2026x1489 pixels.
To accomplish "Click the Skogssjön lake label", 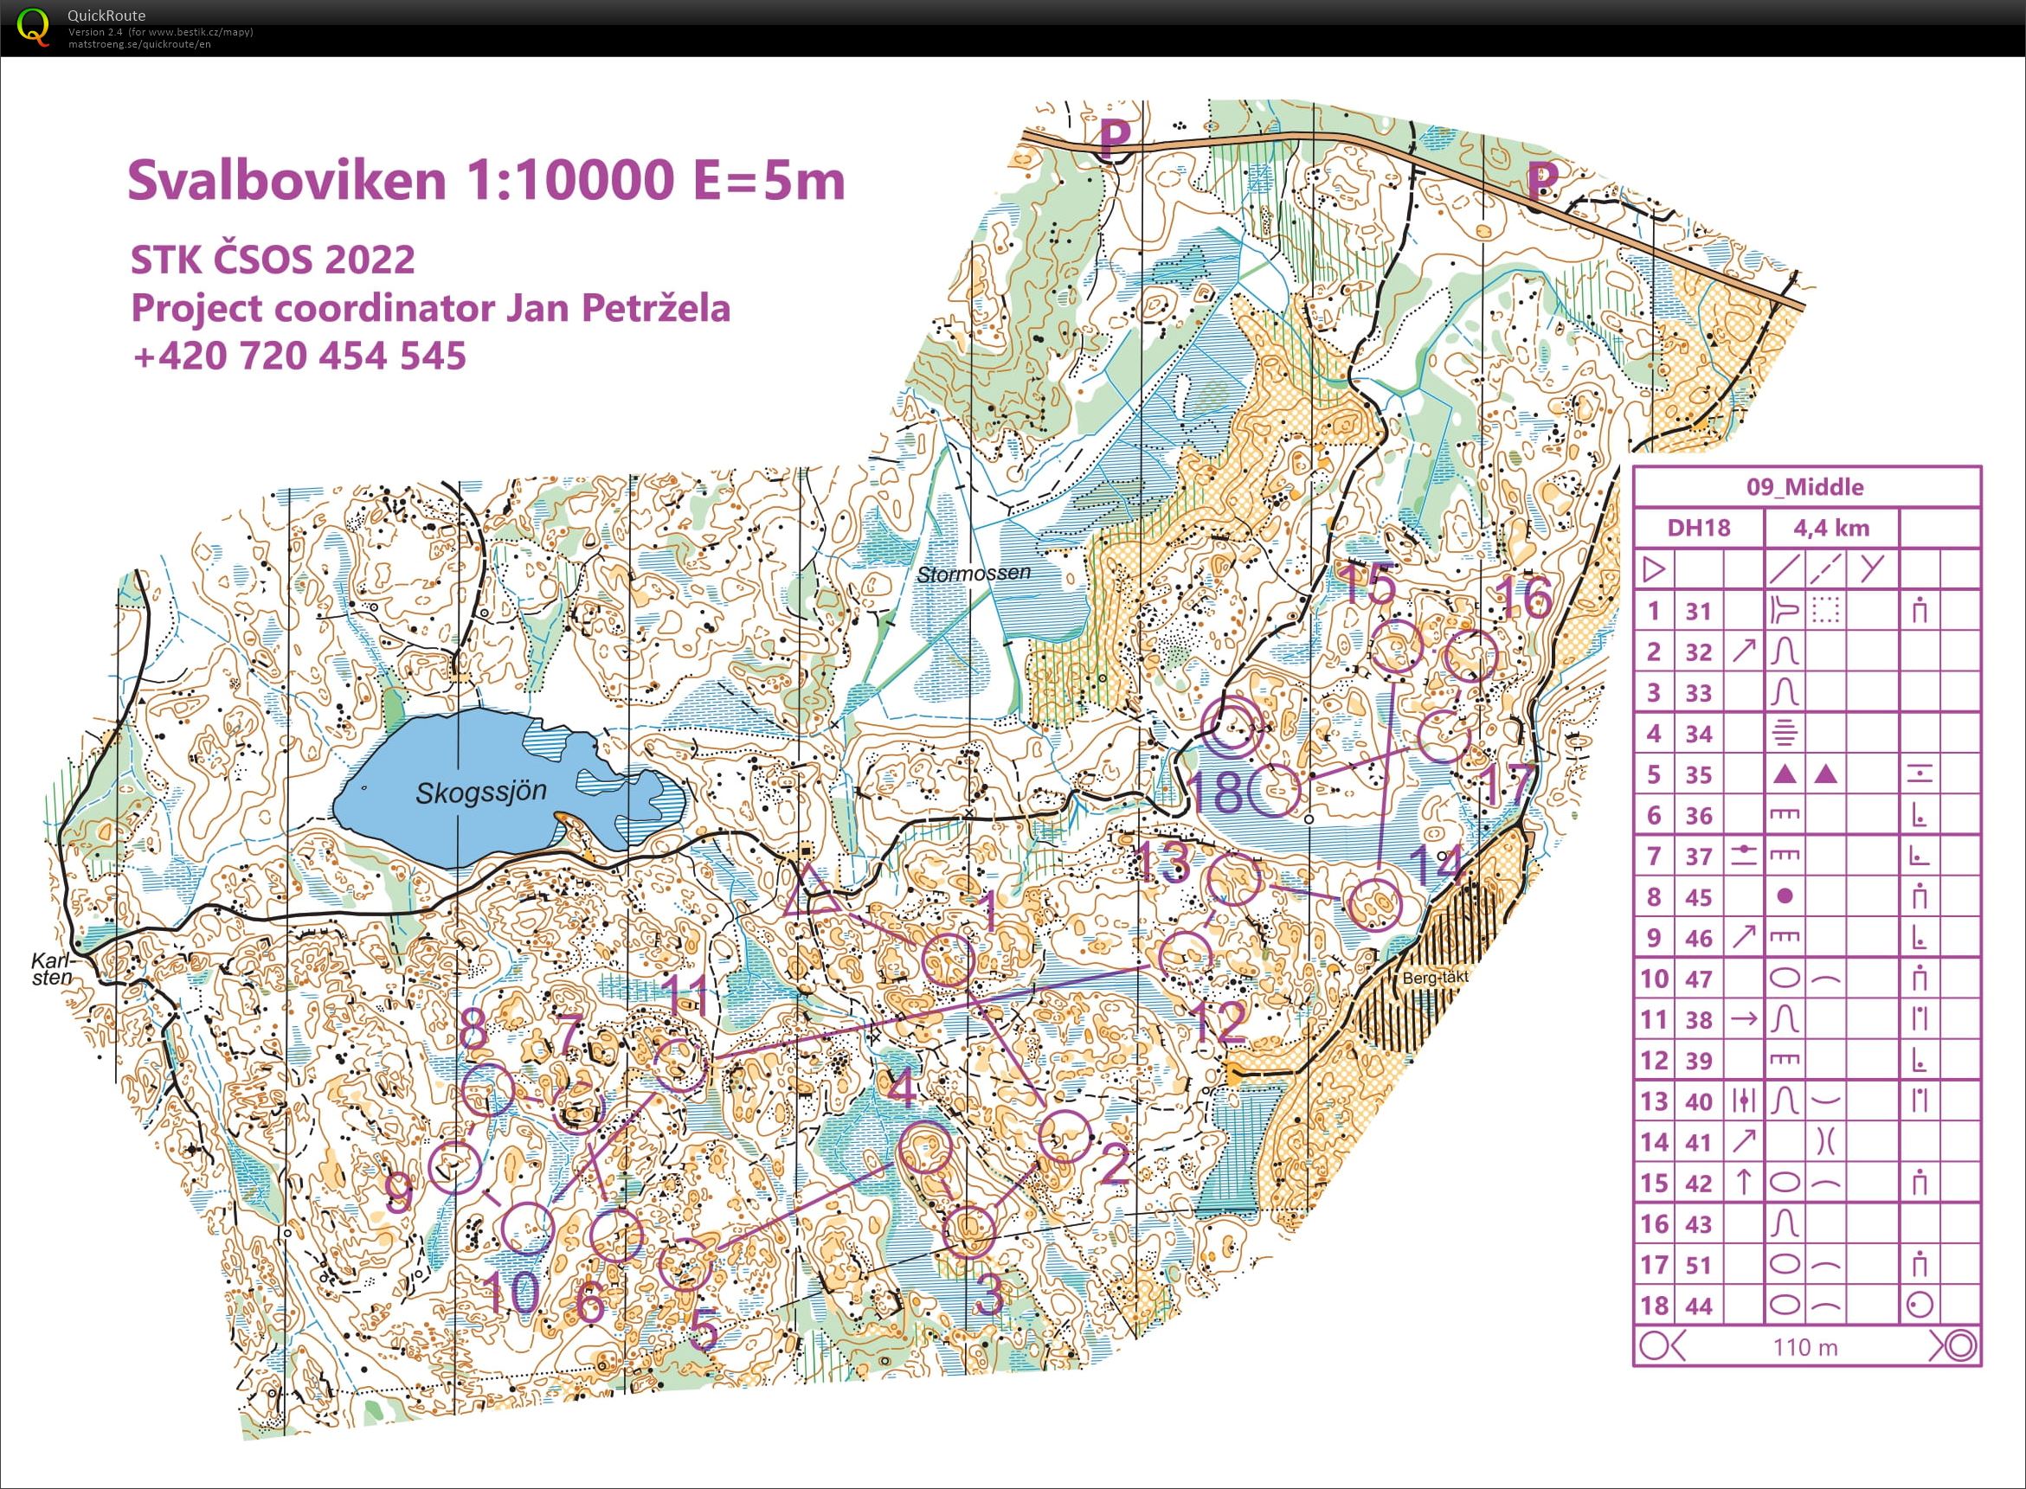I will (480, 793).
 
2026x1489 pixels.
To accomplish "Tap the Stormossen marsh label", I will (973, 573).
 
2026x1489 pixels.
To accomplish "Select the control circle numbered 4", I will (925, 1147).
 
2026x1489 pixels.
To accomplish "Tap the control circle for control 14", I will (1374, 904).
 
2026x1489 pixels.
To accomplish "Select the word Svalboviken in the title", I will (286, 180).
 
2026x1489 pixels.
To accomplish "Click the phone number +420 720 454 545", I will (299, 355).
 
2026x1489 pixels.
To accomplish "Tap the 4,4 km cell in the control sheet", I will (1830, 528).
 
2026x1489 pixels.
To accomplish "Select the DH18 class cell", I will (1698, 528).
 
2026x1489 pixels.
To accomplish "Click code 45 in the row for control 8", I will (1698, 897).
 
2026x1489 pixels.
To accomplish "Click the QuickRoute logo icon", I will (34, 26).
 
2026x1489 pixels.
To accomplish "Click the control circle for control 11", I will (680, 1065).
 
